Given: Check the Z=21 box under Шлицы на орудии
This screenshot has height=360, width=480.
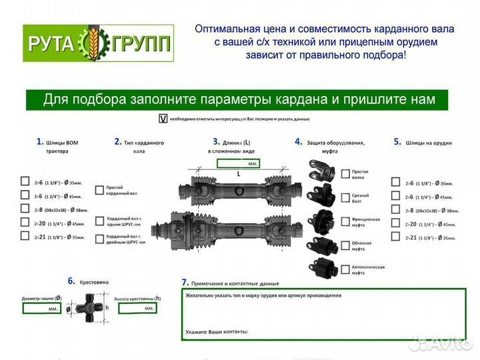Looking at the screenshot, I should click(x=397, y=237).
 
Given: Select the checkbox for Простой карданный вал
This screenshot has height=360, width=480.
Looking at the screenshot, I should click(x=99, y=189).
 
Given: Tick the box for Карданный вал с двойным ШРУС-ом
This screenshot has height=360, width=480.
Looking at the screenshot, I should click(x=99, y=238).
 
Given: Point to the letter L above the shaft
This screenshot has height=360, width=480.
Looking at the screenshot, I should click(x=238, y=173).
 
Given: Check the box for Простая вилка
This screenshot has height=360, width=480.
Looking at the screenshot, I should click(x=345, y=174).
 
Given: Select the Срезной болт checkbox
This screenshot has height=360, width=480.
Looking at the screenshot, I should click(x=345, y=197).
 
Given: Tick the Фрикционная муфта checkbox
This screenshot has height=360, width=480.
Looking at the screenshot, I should click(x=345, y=221).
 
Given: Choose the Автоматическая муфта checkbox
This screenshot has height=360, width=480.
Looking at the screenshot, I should click(x=345, y=268).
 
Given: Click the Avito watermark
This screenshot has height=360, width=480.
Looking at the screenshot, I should click(x=440, y=343).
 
